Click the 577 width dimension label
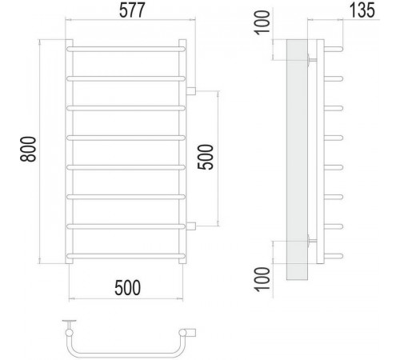pyautogui.click(x=132, y=10)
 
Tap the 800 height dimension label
pyautogui.click(x=28, y=149)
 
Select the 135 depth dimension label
pyautogui.click(x=362, y=10)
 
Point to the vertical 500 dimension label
pyautogui.click(x=206, y=157)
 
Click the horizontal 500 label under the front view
pyautogui.click(x=127, y=288)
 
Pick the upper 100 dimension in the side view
pyautogui.click(x=262, y=22)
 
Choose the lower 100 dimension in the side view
pyautogui.click(x=262, y=279)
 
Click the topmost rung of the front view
pyautogui.click(x=126, y=49)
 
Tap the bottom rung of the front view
pyautogui.click(x=126, y=256)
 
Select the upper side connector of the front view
pyautogui.click(x=191, y=91)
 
